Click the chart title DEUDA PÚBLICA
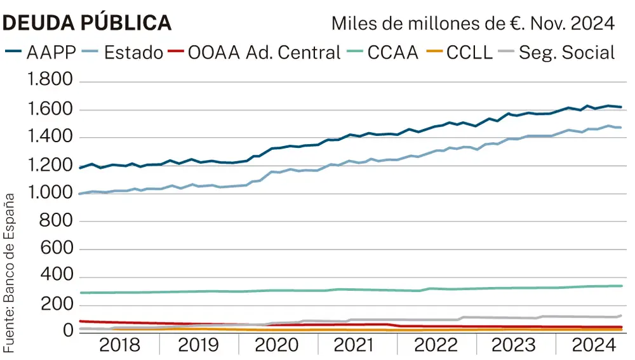tap(87, 22)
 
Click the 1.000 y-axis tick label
tap(48, 194)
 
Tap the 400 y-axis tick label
tap(57, 277)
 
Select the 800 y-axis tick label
tap(57, 222)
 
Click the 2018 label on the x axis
tap(119, 347)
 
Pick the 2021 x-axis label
tap(357, 347)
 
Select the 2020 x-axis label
tap(277, 347)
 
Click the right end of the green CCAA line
tap(621, 286)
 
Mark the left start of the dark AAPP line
tap(80, 168)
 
